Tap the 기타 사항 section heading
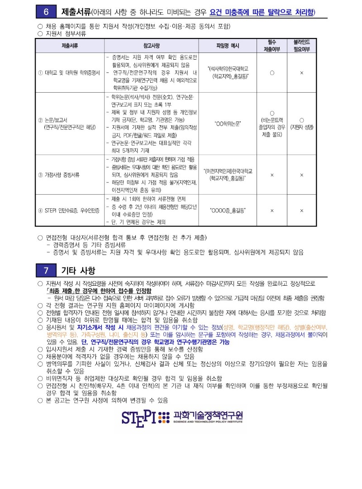(x=78, y=270)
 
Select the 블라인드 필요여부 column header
(x=301, y=46)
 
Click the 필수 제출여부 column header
(x=271, y=46)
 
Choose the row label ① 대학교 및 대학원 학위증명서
(x=69, y=72)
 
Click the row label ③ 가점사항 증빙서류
(x=59, y=174)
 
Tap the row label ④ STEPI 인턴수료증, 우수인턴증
(x=69, y=210)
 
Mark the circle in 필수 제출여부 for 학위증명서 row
(x=271, y=72)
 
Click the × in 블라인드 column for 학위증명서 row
(x=301, y=72)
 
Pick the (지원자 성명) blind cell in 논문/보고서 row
(x=301, y=127)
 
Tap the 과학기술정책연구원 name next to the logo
(x=208, y=415)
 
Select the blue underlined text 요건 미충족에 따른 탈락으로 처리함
(x=262, y=11)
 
